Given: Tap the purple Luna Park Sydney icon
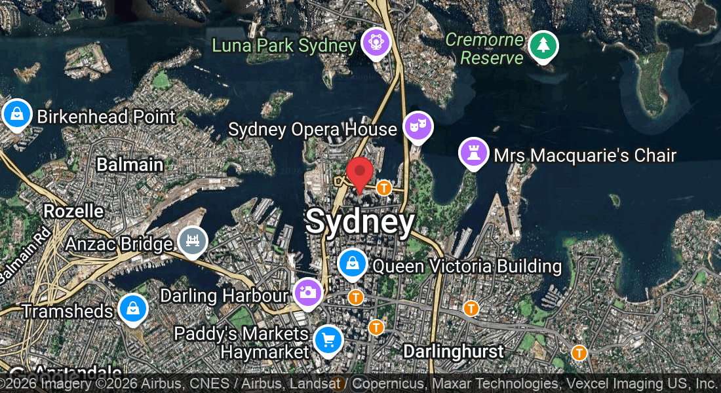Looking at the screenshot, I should [x=376, y=44].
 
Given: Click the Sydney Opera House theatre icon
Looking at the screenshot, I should [x=418, y=126].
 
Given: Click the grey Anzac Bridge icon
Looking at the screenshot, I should [x=193, y=241].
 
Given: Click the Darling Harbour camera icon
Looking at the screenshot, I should [x=307, y=292].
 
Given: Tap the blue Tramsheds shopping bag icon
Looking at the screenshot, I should [x=133, y=308].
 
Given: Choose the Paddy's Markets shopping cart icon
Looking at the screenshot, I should [x=328, y=340].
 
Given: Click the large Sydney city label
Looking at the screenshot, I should [x=360, y=222].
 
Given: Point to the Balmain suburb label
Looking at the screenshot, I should [x=130, y=164].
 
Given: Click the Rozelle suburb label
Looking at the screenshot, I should [x=73, y=211].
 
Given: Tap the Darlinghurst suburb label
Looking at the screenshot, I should [x=454, y=351].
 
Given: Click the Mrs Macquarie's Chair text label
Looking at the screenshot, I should [x=585, y=155].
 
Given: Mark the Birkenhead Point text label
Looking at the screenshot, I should [x=106, y=117].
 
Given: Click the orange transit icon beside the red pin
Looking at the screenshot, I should [x=384, y=188].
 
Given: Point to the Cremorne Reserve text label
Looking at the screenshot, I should [x=485, y=48].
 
